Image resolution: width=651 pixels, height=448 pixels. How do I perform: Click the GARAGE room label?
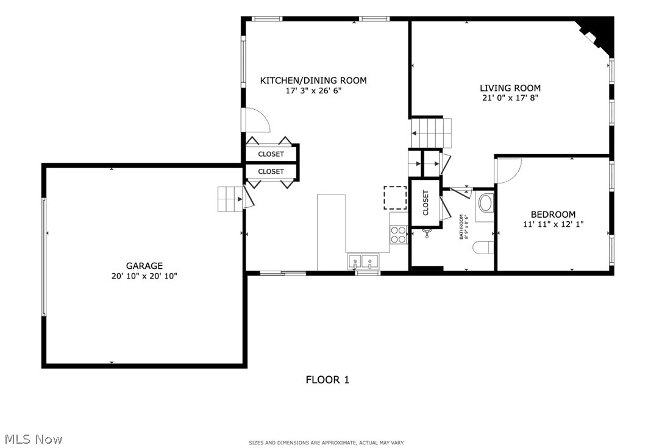click(x=144, y=266)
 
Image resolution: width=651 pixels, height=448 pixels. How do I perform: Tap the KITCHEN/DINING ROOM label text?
click(x=313, y=80)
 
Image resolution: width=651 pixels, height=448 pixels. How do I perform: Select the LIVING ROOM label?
click(x=510, y=88)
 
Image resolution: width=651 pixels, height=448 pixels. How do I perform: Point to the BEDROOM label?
click(x=553, y=215)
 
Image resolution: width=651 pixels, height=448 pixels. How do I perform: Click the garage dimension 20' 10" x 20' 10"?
click(x=144, y=276)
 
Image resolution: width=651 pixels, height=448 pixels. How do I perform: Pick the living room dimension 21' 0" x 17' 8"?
click(x=510, y=98)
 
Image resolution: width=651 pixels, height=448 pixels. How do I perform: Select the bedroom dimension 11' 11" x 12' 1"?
click(x=553, y=224)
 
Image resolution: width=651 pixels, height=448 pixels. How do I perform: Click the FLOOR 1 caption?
click(x=327, y=380)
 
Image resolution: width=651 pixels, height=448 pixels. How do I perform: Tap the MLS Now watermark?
click(x=34, y=439)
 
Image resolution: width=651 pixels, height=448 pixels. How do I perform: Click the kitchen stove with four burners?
click(x=398, y=235)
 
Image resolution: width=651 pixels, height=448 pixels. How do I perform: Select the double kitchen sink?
click(x=362, y=262)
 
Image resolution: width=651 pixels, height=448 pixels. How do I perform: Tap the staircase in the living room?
click(x=432, y=132)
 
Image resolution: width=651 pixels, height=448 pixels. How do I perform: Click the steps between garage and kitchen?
click(x=230, y=199)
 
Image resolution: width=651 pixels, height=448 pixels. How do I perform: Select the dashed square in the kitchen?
click(x=395, y=197)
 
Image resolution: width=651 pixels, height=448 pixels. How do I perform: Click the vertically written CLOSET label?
click(x=425, y=203)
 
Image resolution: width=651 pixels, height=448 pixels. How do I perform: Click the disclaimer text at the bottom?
click(x=326, y=443)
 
